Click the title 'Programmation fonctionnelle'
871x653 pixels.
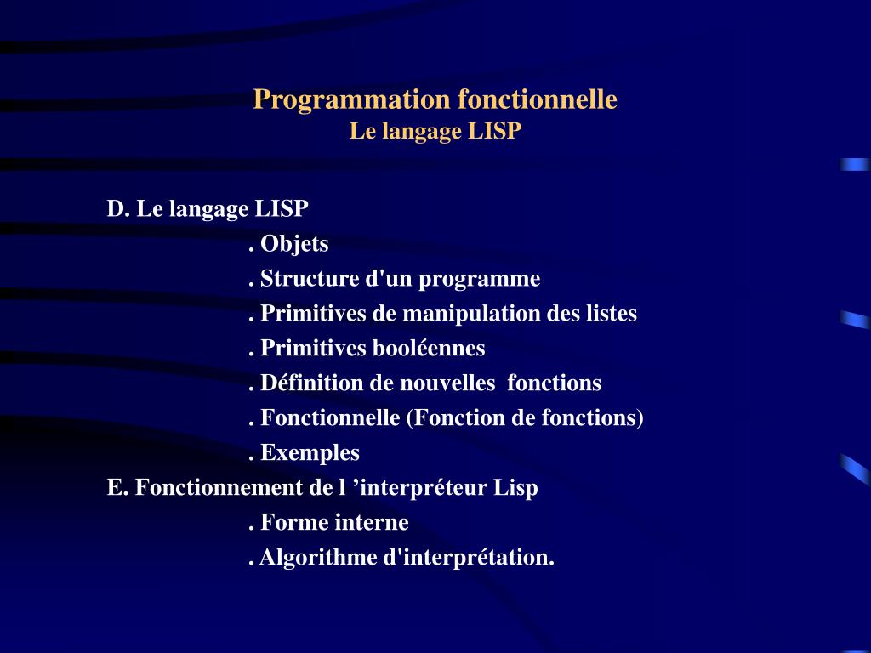click(435, 100)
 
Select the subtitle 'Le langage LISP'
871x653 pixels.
click(435, 132)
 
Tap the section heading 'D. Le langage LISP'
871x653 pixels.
click(208, 209)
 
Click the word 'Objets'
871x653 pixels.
click(294, 244)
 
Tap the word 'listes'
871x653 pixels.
click(610, 314)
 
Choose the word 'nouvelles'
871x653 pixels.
click(443, 383)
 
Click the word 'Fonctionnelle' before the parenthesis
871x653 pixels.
click(330, 418)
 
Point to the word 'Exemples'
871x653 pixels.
click(310, 453)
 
